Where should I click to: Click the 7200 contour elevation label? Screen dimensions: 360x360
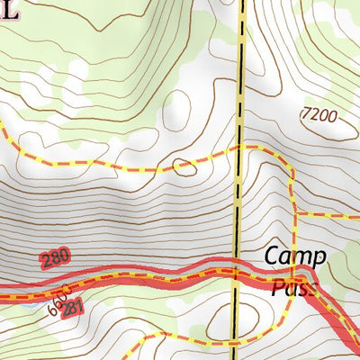(320, 114)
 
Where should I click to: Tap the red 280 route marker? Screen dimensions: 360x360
(55, 260)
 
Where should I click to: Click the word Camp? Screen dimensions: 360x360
(290, 256)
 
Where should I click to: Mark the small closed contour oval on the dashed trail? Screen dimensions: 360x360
(184, 165)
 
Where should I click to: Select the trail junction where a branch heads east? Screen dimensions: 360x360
(293, 215)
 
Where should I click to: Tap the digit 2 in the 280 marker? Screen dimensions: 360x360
(45, 263)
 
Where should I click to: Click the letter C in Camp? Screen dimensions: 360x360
(271, 256)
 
